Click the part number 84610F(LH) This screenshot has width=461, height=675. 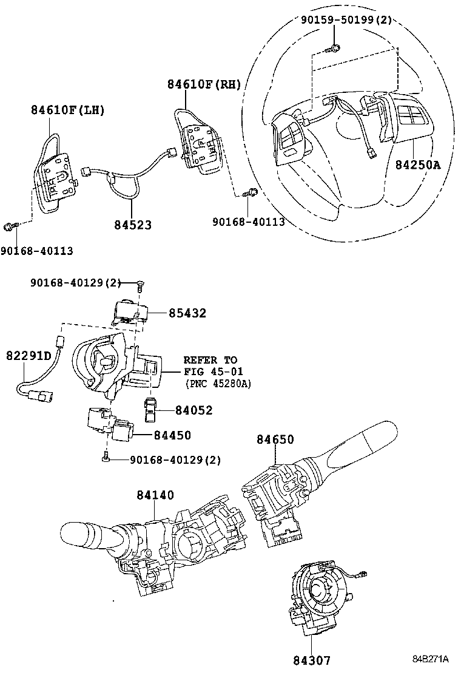tap(68, 110)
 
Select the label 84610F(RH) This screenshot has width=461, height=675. tap(204, 85)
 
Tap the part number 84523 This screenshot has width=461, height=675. tap(132, 225)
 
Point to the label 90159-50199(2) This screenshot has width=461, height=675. tap(346, 21)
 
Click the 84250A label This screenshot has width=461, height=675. tap(418, 165)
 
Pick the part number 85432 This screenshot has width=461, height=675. tap(187, 313)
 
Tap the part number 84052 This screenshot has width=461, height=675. tap(194, 410)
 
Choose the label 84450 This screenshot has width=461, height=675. tap(172, 435)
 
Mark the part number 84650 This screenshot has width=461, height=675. tap(275, 439)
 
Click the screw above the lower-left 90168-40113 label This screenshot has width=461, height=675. tap(9, 227)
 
